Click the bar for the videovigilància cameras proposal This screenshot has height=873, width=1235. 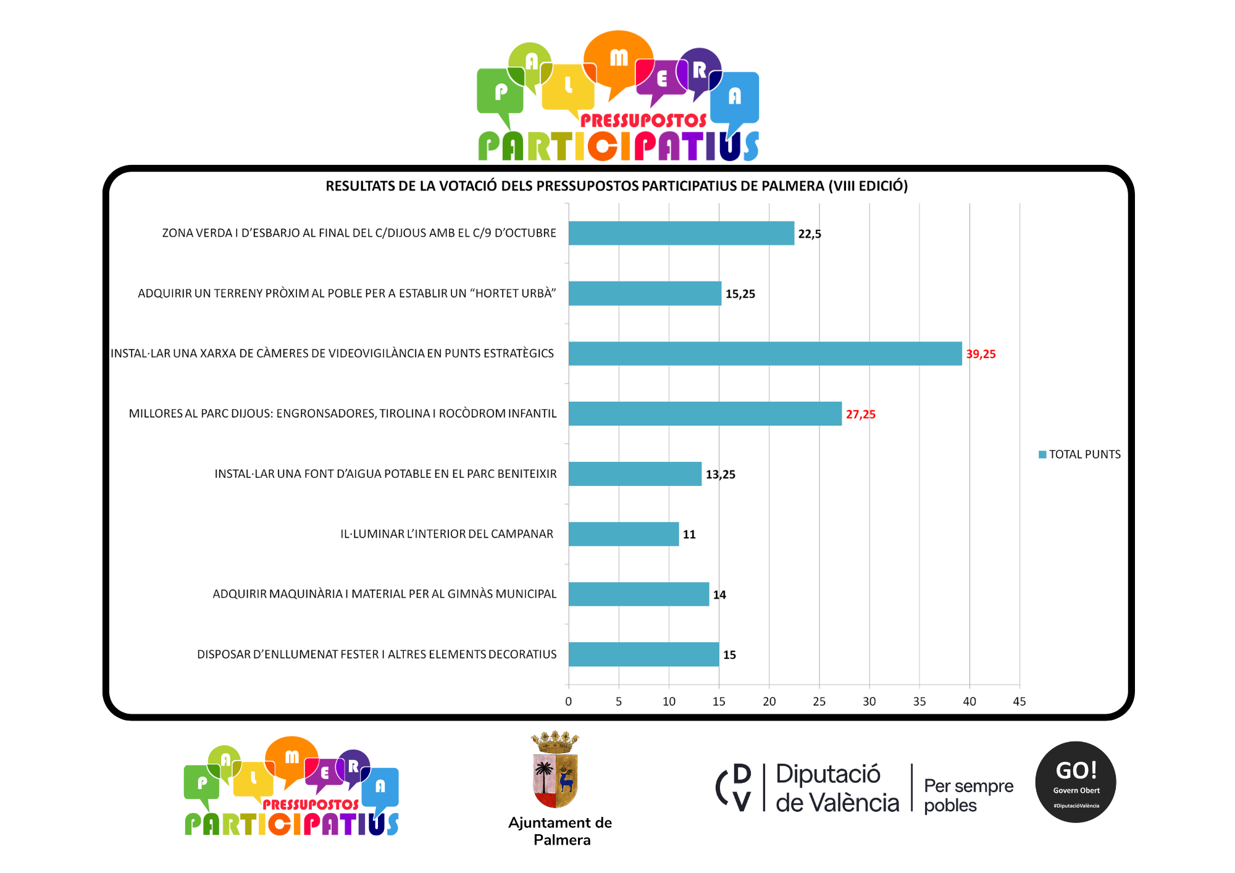coord(764,353)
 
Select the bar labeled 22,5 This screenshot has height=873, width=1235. coord(681,233)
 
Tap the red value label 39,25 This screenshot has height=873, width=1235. coord(981,354)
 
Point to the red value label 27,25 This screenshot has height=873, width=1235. coord(860,414)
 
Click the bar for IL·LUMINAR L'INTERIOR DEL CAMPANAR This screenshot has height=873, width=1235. coord(623,534)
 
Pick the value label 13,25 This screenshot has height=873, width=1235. coord(720,474)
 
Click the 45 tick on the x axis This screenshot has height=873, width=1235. coord(1019,701)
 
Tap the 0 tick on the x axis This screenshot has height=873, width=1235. coord(569,701)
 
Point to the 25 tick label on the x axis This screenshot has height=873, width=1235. coord(819,701)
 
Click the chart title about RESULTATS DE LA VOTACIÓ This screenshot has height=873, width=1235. coord(616,186)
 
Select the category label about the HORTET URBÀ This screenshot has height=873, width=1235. coord(346,293)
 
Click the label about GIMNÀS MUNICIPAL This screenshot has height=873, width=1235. coord(384,594)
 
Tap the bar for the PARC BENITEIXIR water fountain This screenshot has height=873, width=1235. coord(635,474)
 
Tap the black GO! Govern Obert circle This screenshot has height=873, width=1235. coord(1075,782)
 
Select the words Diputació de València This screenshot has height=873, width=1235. coord(837,788)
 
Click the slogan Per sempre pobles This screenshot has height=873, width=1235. coord(968,795)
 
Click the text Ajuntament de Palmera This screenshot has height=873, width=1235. coord(560,831)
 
